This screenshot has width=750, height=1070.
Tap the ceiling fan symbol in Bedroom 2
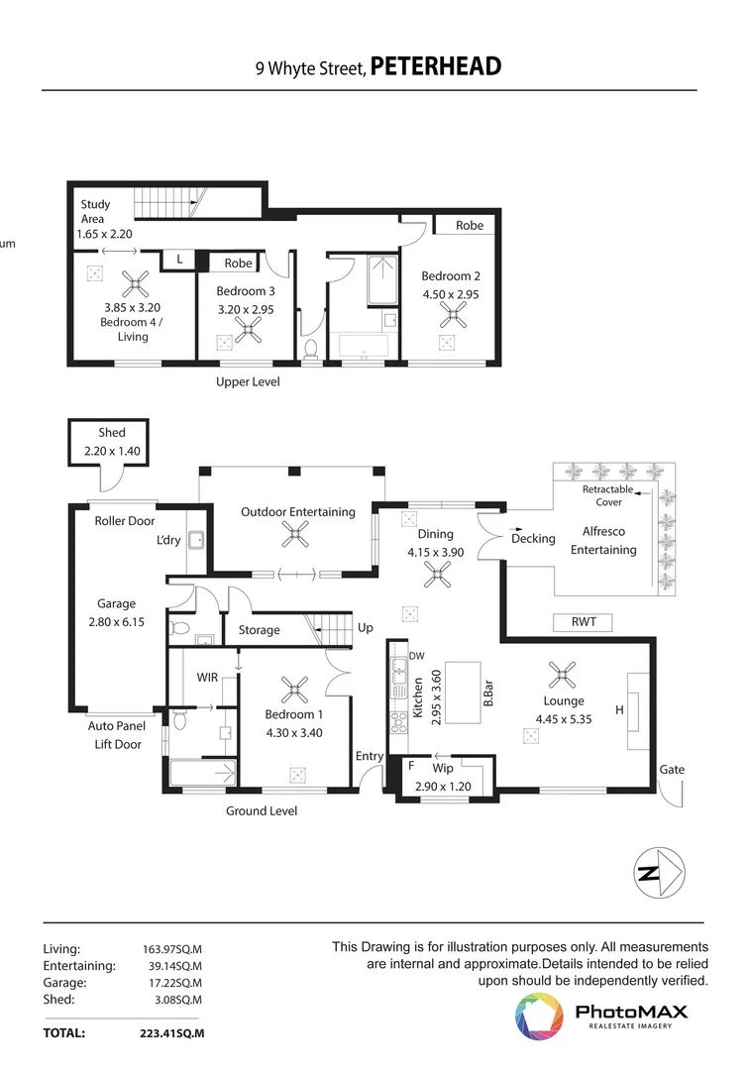(454, 316)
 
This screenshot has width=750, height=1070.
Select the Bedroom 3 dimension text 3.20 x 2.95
(245, 309)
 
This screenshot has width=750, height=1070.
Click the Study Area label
(95, 211)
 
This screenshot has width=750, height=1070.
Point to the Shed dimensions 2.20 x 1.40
(112, 451)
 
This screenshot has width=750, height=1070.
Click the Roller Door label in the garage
(124, 520)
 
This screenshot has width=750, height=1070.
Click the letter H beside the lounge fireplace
(619, 709)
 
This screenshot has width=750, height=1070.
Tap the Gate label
(671, 769)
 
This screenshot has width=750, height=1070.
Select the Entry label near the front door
(370, 756)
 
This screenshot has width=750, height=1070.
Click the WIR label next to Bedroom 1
(207, 678)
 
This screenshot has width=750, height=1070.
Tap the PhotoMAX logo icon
(538, 1017)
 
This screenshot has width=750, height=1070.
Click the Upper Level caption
(248, 381)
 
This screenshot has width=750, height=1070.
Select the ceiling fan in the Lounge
(562, 677)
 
